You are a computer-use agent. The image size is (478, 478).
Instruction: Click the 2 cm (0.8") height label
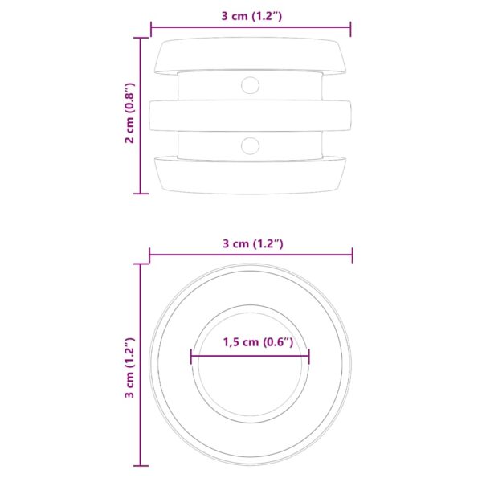click(129, 114)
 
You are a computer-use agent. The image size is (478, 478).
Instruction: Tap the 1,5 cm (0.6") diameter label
click(251, 341)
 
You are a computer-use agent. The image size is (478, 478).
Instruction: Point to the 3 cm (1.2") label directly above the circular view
click(251, 243)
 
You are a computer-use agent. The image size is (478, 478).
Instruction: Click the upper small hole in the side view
click(251, 84)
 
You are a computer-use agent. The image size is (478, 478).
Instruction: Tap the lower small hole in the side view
click(251, 145)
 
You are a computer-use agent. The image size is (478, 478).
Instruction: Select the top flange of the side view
click(251, 55)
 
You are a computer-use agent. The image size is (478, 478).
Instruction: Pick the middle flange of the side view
click(251, 115)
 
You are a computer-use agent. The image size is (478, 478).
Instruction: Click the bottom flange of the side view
click(251, 175)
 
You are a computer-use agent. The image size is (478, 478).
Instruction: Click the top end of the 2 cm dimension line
click(141, 37)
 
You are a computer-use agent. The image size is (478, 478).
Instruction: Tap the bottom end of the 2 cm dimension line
click(141, 193)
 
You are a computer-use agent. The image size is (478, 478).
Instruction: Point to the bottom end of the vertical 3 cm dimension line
click(141, 464)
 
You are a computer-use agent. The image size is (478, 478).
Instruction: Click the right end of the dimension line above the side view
click(351, 29)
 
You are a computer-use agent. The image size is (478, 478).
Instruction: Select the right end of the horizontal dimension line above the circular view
click(351, 256)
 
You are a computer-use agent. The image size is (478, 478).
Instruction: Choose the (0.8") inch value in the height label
click(129, 98)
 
